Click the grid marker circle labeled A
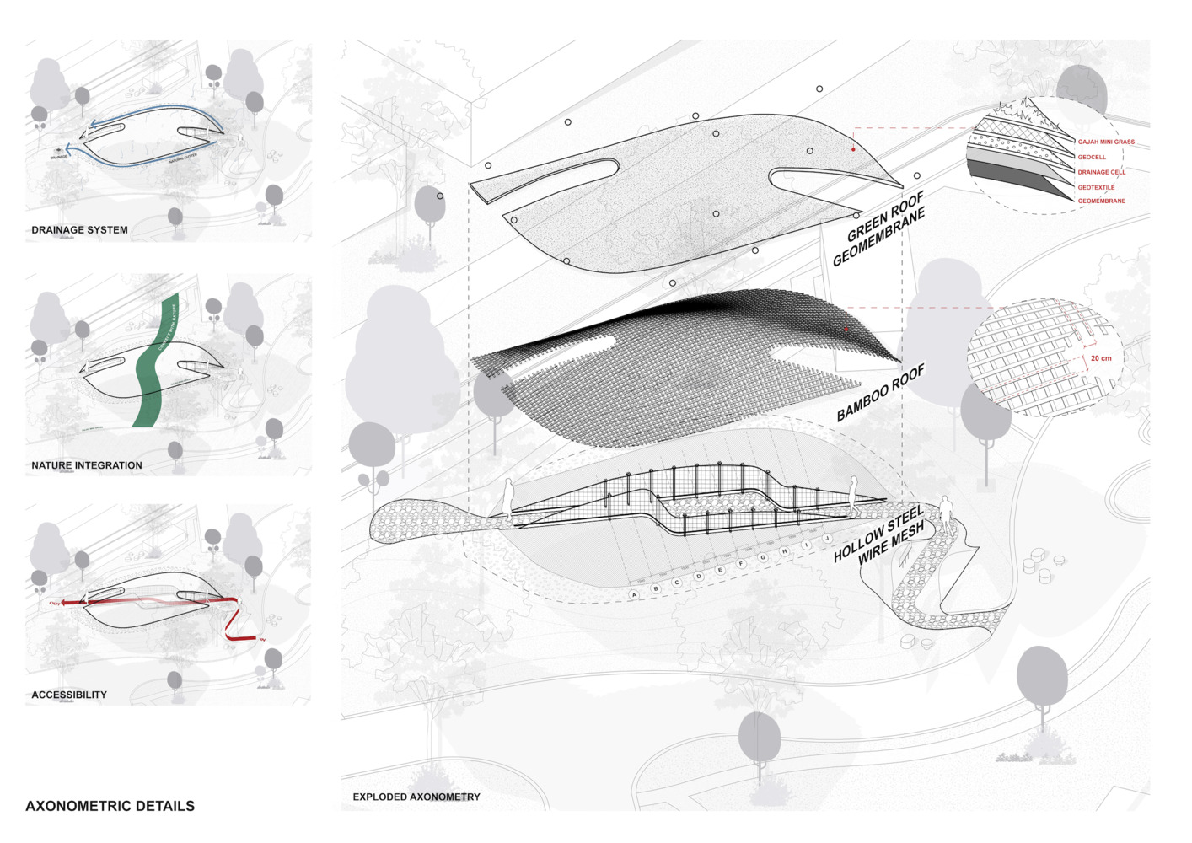(635, 595)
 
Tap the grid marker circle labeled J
(827, 538)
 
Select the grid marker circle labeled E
(720, 571)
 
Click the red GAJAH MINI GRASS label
(1106, 142)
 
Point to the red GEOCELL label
(1092, 158)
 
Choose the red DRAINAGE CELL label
(1101, 172)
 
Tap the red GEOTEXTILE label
(1096, 187)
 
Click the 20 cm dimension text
(1101, 358)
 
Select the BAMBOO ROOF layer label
(881, 393)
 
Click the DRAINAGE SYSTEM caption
(80, 230)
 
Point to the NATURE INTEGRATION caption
(87, 465)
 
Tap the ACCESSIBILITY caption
(69, 695)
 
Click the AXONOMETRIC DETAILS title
(110, 806)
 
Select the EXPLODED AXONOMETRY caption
(416, 797)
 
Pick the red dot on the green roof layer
(853, 149)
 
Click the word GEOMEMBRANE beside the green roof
(878, 239)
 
